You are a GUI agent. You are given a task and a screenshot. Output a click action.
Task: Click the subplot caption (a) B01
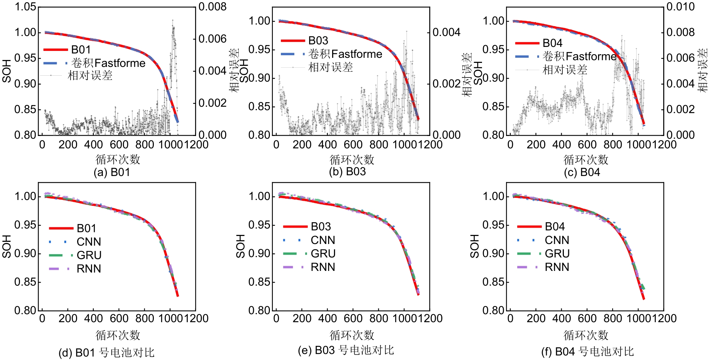(112, 172)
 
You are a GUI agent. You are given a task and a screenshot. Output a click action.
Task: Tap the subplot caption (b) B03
(347, 171)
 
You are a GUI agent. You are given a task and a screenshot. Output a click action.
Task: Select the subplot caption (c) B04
(582, 172)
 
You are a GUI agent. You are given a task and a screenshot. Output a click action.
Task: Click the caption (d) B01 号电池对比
(107, 352)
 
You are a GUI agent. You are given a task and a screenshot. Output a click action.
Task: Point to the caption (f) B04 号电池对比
(587, 351)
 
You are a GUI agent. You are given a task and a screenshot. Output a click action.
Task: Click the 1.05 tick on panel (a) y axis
(25, 7)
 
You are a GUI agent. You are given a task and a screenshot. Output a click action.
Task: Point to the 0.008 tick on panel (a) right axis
(212, 7)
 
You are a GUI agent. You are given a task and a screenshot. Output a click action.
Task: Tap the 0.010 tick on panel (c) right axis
(681, 7)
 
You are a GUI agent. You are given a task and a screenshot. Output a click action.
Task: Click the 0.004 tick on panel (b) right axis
(446, 32)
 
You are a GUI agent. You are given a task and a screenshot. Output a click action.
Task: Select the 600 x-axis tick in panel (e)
(353, 318)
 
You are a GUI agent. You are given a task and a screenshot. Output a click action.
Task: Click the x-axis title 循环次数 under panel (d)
(118, 335)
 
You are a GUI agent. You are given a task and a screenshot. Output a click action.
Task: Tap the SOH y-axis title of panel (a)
(7, 71)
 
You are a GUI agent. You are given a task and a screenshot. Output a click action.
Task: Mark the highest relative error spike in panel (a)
(172, 20)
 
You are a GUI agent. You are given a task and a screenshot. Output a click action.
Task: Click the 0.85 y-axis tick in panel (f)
(493, 282)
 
